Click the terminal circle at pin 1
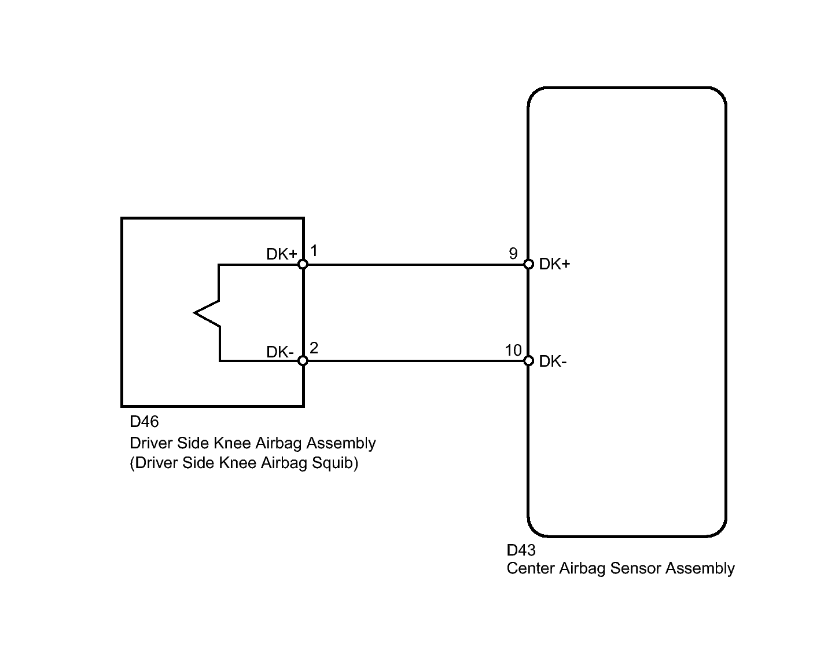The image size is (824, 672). [303, 264]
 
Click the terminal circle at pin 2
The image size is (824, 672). [303, 361]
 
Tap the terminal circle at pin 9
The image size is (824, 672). [528, 264]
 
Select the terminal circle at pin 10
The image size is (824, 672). [528, 361]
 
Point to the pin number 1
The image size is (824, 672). [314, 251]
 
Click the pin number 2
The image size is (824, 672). [314, 348]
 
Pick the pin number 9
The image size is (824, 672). [513, 253]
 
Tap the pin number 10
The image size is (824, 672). [513, 350]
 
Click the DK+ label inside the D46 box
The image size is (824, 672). [282, 254]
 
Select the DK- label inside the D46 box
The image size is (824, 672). [280, 352]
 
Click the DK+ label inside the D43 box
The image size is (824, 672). [554, 264]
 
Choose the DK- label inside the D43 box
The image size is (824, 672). [553, 361]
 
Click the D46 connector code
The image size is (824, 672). [144, 421]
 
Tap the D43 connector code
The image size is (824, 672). [521, 550]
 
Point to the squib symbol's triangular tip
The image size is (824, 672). [194, 313]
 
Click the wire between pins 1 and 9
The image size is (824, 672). [415, 265]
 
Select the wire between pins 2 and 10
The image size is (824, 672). [415, 361]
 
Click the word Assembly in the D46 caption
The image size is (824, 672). [341, 443]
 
